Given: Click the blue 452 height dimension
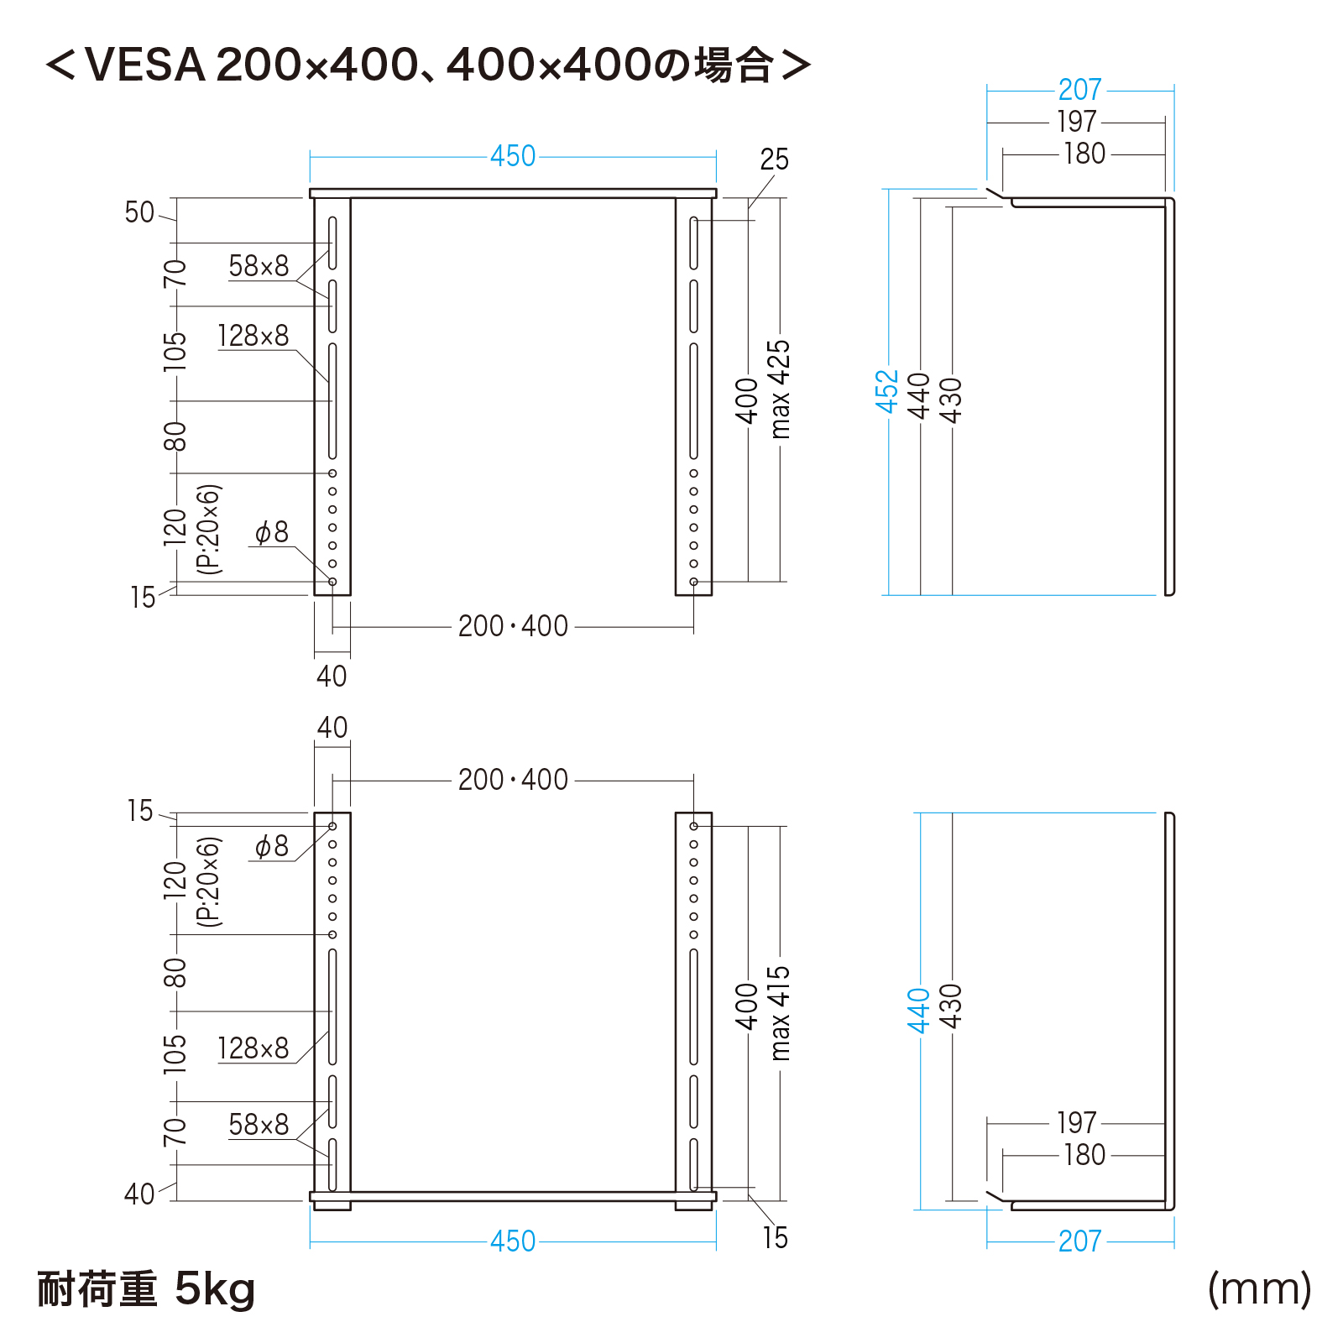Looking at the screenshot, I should coord(887,391).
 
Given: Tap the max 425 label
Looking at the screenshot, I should coord(780,389).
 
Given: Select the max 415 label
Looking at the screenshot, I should coord(780,1013).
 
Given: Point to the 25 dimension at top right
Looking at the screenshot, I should coord(774,159).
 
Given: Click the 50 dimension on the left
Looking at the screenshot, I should coord(139,212).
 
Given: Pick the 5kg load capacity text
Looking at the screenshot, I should coord(215,1290).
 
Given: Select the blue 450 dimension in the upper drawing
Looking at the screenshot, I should coord(513,156).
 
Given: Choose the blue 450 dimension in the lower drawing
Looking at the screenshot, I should coord(513,1241).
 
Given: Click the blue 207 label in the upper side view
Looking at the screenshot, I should coord(1079,90).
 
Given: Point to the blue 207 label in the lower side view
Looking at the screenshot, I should coord(1079,1241).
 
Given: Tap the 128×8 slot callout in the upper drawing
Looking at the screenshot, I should coord(253,336).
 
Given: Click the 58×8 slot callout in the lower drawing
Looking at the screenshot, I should coord(259,1125).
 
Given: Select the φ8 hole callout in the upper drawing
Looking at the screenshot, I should coord(271,532).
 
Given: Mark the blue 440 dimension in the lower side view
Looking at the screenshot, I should coord(919,1011).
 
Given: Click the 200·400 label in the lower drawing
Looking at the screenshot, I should coord(513,780).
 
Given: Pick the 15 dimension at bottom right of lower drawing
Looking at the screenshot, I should coord(775,1238).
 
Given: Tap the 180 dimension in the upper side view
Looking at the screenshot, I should coord(1084,154).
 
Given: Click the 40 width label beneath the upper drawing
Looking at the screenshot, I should coord(332,676).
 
